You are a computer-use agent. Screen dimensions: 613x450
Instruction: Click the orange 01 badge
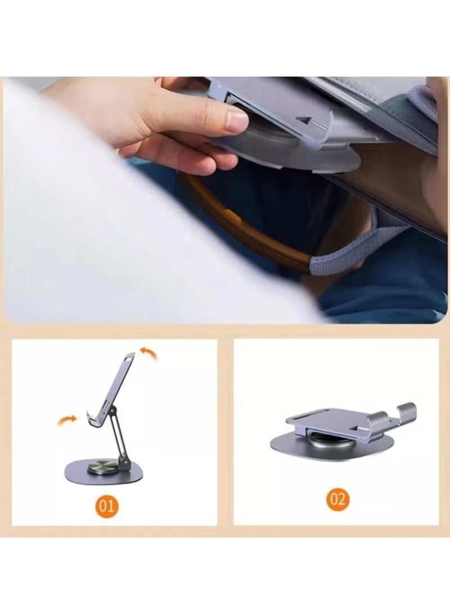point(107,505)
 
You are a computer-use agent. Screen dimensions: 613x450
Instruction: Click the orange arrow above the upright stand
point(150,354)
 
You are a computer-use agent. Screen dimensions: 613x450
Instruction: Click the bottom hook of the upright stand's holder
point(91,419)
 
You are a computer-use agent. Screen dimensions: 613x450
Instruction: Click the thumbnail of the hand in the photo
point(237,119)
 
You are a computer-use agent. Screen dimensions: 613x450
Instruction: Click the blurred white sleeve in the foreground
point(112,236)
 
